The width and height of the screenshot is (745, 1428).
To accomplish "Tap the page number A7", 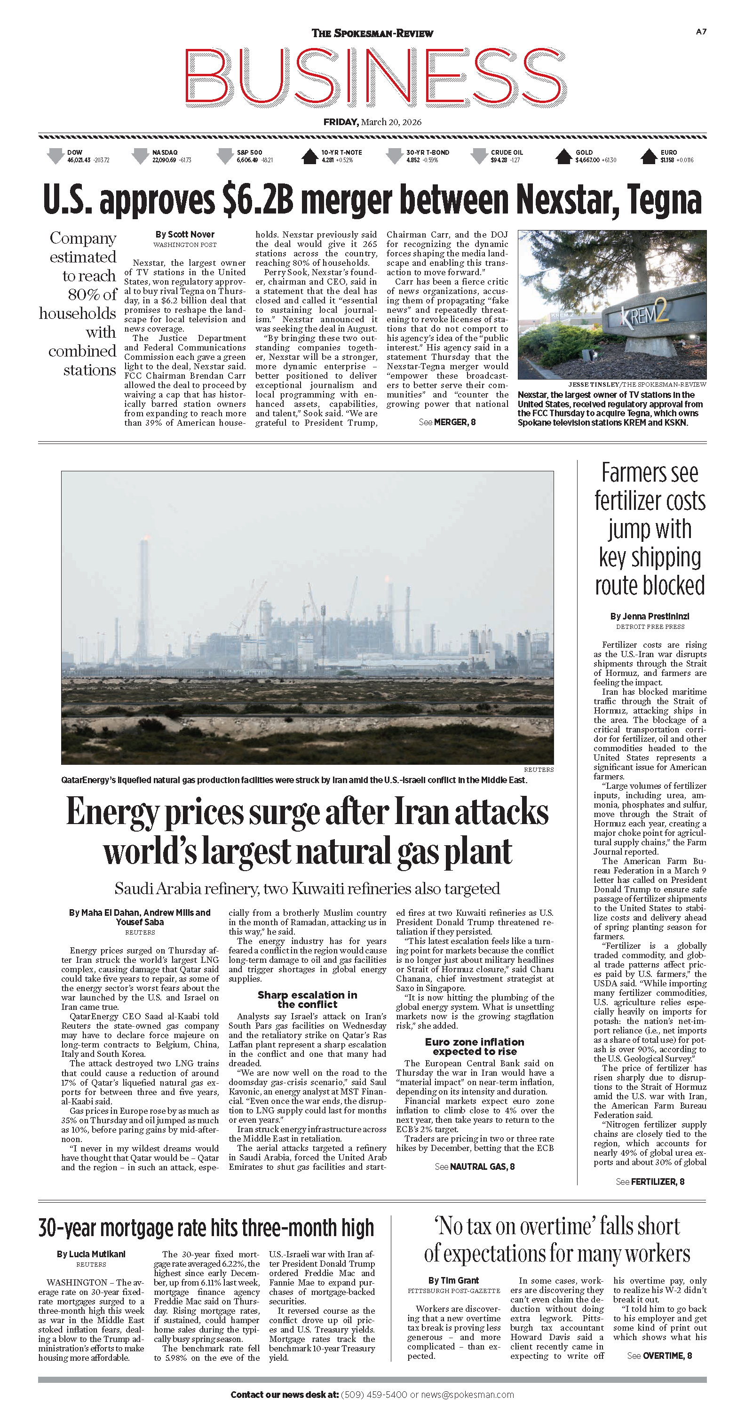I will (701, 32).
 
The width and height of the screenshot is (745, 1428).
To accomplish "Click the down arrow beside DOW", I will (55, 156).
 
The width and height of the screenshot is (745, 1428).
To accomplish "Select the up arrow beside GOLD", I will (563, 156).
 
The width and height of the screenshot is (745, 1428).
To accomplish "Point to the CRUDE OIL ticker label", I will (507, 152).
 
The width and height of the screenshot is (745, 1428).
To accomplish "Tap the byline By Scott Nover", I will (184, 235).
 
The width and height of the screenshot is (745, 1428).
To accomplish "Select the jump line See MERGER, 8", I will (447, 422).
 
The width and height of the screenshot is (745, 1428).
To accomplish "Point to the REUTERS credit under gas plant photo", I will (538, 770).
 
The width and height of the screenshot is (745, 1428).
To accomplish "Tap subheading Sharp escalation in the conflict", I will (307, 1000).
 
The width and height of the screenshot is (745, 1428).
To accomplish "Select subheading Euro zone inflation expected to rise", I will (475, 1047).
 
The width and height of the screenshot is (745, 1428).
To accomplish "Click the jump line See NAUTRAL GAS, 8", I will (475, 1166).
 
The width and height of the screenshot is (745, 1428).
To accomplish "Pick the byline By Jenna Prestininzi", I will (650, 617).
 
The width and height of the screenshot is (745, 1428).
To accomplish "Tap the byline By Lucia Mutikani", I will (91, 1254).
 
